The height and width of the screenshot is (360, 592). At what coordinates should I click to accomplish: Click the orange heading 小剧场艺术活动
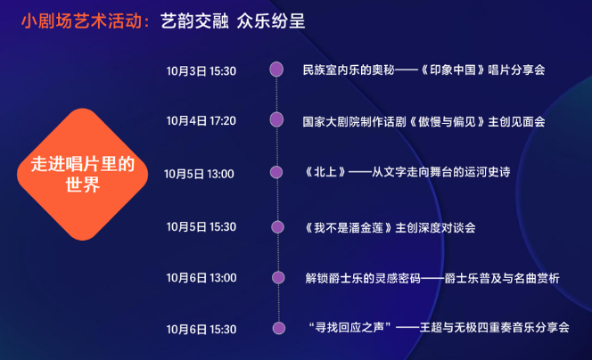pyautogui.click(x=81, y=21)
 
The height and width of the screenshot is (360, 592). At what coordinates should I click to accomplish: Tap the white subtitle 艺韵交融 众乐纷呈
pyautogui.click(x=233, y=21)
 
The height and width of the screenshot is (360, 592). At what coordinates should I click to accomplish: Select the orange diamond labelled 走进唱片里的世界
pyautogui.click(x=83, y=175)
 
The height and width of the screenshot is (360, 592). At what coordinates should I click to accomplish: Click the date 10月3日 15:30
pyautogui.click(x=201, y=71)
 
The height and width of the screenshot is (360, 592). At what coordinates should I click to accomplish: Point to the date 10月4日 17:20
pyautogui.click(x=201, y=121)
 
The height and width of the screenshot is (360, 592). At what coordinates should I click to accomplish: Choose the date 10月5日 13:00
pyautogui.click(x=199, y=174)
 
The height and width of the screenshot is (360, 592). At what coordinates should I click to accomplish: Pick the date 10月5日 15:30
pyautogui.click(x=201, y=227)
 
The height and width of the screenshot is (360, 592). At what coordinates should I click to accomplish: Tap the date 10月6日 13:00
pyautogui.click(x=201, y=278)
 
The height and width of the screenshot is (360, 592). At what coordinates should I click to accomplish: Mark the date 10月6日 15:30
pyautogui.click(x=201, y=330)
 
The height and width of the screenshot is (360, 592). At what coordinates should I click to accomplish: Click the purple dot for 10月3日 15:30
pyautogui.click(x=276, y=70)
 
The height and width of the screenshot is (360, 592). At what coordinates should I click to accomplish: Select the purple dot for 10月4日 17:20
pyautogui.click(x=276, y=120)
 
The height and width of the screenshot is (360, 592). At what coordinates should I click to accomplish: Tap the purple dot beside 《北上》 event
pyautogui.click(x=276, y=172)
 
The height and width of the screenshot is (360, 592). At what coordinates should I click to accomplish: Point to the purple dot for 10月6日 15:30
pyautogui.click(x=279, y=328)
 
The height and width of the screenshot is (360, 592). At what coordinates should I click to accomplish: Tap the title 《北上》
pyautogui.click(x=325, y=172)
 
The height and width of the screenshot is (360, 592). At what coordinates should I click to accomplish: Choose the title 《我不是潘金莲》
pyautogui.click(x=349, y=227)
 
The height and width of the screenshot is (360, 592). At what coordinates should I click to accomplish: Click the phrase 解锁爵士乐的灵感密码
pyautogui.click(x=363, y=279)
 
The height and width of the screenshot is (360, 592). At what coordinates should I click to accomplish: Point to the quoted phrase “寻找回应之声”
pyautogui.click(x=349, y=327)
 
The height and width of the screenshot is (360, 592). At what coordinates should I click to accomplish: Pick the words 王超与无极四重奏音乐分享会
pyautogui.click(x=495, y=327)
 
